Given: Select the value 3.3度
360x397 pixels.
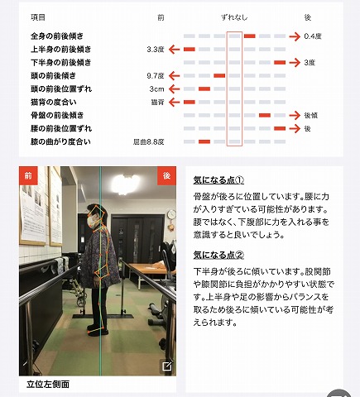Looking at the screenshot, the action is click(x=156, y=50).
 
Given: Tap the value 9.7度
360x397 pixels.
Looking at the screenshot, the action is click(x=156, y=76).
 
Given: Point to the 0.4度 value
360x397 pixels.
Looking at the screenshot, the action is click(x=313, y=36).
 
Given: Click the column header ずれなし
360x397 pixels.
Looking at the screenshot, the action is click(x=234, y=17).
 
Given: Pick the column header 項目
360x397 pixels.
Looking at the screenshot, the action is click(x=38, y=17).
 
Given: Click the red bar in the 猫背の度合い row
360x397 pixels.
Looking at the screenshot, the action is click(x=190, y=103).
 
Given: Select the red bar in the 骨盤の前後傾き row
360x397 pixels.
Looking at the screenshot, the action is click(x=265, y=115).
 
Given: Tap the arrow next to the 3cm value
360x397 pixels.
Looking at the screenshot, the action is click(x=174, y=89).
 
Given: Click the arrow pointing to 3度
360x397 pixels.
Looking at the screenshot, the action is click(x=295, y=63).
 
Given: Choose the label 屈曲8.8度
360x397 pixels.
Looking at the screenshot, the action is click(x=149, y=142).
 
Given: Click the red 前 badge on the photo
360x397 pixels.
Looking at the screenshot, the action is click(x=28, y=175).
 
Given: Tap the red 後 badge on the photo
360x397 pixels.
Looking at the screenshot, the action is click(x=166, y=175).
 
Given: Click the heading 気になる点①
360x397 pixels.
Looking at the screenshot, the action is click(x=218, y=180).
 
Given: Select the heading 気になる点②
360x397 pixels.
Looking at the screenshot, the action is click(x=218, y=255).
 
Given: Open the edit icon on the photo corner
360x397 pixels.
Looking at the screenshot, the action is click(x=167, y=366).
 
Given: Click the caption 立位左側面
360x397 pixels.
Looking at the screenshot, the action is click(x=48, y=384).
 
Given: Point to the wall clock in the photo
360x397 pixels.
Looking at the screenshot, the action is click(x=171, y=214).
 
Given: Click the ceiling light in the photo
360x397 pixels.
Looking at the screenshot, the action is click(x=126, y=183).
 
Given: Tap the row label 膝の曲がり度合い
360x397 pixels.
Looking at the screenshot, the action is click(x=60, y=142).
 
